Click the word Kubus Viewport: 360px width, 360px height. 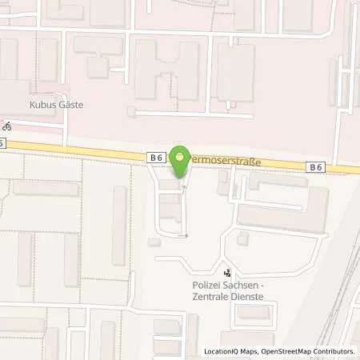[x=46, y=105]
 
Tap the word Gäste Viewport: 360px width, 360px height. [x=72, y=105]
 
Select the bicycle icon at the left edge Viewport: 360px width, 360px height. [x=6, y=126]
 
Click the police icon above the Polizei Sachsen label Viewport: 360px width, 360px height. [x=228, y=272]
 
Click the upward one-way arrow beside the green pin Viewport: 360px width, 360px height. [x=185, y=189]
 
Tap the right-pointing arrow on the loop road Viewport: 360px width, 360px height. [x=185, y=236]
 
